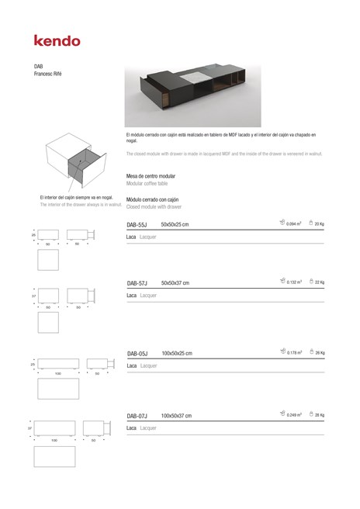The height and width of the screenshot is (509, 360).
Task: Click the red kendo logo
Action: click(x=57, y=40)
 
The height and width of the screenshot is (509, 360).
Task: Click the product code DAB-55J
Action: click(x=137, y=224)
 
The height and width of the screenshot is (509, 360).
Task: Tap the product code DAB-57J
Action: click(x=137, y=283)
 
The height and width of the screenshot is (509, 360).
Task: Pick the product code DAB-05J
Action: click(x=138, y=353)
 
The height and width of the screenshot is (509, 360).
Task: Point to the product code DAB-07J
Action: click(x=137, y=416)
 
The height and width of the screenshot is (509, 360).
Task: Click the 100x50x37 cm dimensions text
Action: click(x=176, y=416)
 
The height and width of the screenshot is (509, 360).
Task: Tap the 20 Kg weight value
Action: click(x=319, y=224)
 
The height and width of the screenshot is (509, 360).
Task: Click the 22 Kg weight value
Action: click(x=319, y=282)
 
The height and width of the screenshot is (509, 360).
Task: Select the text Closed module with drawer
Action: click(x=154, y=207)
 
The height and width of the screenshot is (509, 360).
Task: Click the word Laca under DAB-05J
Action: click(x=132, y=365)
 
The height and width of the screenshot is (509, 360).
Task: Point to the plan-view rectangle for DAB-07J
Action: click(x=54, y=456)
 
